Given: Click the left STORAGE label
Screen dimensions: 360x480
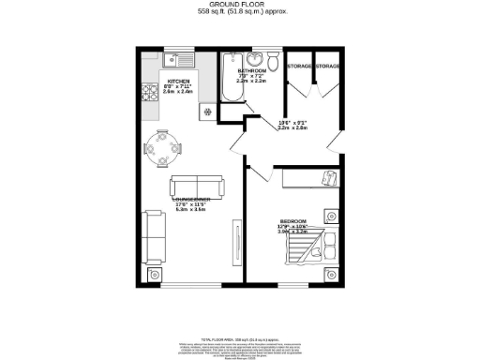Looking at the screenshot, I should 298,67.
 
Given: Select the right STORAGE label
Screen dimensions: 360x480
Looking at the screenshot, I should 326,67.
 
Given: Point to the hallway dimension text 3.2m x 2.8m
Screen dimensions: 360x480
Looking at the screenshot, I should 292,128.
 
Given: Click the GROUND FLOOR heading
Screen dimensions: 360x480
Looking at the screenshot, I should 239,5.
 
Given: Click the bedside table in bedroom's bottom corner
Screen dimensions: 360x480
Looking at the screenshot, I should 329,275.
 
